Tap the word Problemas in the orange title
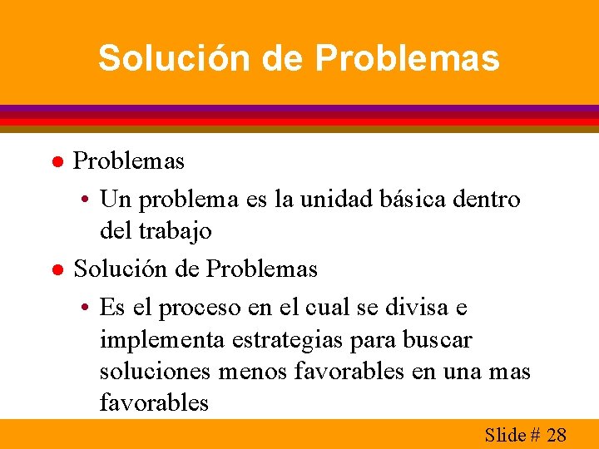point(408,59)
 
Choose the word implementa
point(158,340)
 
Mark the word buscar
point(436,340)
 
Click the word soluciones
point(156,371)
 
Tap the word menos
point(251,371)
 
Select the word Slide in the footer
point(505,434)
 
